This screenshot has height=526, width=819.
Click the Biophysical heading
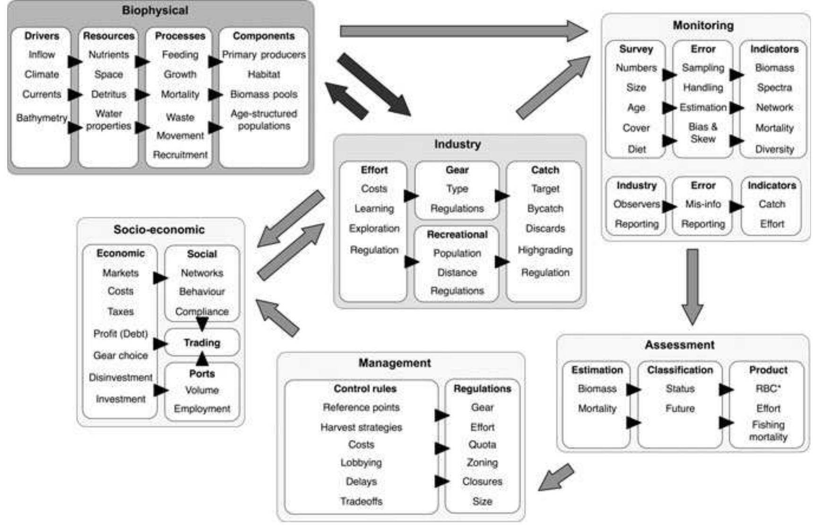coord(155,10)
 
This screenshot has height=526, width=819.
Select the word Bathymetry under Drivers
coord(42,118)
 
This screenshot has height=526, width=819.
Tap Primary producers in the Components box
coord(264,55)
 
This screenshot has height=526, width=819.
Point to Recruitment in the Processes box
coord(180,155)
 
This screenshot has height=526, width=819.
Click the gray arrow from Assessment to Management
coord(557,477)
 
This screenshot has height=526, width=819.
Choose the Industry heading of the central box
coord(457,144)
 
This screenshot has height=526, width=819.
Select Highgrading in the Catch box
coord(545,250)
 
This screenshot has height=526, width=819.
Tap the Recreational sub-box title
coord(457,234)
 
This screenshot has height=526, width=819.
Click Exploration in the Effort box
coord(374,229)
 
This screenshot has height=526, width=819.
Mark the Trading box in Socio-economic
coord(202,342)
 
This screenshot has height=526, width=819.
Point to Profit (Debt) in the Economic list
coord(121,334)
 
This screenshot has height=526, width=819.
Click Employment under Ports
coord(202,409)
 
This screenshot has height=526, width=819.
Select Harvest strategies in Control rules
coord(361,427)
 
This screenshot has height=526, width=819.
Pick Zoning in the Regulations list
coord(482,463)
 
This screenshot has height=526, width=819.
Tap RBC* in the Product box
coord(768,389)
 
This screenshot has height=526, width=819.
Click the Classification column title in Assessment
coord(680,370)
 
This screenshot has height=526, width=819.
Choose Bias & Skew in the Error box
coord(703,133)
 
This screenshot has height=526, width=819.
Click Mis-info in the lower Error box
coord(703,204)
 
